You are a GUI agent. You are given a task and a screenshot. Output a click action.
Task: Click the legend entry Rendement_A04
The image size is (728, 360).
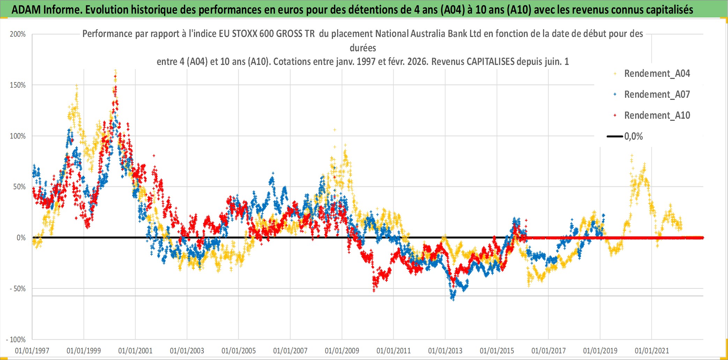tap(656, 74)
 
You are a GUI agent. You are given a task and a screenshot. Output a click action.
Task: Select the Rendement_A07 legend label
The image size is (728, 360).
tap(656, 95)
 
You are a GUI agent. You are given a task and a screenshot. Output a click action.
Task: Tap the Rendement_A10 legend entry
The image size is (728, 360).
tap(656, 116)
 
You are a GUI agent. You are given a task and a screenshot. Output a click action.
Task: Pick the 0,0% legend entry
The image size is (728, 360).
tap(633, 137)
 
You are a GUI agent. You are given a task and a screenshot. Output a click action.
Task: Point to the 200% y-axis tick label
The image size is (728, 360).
tap(18, 34)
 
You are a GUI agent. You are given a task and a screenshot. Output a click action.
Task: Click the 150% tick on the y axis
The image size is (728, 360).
tap(18, 85)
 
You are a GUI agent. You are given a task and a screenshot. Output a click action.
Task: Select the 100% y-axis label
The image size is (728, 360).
tap(18, 136)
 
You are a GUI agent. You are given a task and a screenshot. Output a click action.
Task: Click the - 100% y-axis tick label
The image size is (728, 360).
tap(16, 340)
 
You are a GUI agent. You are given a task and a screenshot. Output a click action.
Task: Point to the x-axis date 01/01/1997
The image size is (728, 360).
tap(32, 351)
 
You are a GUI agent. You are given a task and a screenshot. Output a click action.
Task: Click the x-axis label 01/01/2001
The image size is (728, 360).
tap(135, 351)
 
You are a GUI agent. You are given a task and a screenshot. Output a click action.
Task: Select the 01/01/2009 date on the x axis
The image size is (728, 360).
tap(342, 351)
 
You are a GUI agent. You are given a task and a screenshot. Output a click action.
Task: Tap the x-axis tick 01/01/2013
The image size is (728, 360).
tap(445, 351)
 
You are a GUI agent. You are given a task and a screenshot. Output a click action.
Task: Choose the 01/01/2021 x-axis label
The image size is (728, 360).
tap(652, 351)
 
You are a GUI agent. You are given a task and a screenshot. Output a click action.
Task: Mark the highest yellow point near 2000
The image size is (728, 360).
tap(115, 71)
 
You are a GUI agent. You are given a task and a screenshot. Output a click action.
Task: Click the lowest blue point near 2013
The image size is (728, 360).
tap(453, 300)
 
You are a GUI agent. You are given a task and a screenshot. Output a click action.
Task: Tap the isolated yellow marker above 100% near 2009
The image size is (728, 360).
tap(335, 130)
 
